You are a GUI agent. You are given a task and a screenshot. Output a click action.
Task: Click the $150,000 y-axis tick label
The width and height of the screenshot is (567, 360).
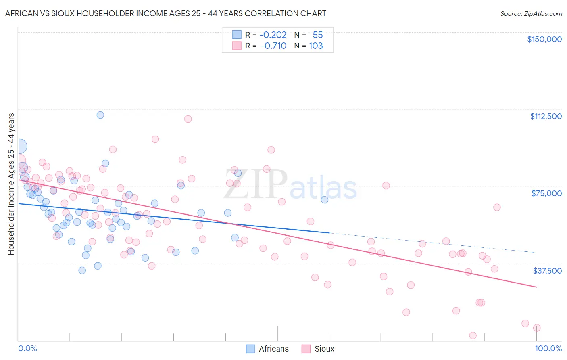(544, 39)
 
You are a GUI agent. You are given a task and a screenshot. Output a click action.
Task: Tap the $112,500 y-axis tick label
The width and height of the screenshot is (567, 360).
(546, 116)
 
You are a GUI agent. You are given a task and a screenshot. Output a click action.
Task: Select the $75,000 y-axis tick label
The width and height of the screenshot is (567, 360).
(546, 193)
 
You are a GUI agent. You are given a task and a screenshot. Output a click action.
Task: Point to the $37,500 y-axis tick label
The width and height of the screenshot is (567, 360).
(547, 271)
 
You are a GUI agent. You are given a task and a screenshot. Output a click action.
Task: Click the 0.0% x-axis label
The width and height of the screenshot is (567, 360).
(27, 348)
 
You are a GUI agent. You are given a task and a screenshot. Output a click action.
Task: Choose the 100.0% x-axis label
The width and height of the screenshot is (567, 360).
(548, 348)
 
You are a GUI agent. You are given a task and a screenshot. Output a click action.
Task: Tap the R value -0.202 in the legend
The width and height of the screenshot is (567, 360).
(273, 35)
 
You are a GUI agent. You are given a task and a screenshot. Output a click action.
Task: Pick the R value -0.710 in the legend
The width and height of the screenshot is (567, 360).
(273, 46)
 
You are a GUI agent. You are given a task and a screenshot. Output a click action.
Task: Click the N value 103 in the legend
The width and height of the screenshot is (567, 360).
(316, 46)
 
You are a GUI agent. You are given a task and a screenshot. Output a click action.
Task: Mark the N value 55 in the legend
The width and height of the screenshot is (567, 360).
(318, 35)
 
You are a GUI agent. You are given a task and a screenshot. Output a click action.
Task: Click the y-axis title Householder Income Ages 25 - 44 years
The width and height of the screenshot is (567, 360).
(11, 184)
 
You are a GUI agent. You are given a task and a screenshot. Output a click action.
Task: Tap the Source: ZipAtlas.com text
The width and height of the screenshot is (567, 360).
(531, 14)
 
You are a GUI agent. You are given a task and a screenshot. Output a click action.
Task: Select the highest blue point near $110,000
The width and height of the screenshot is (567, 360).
(100, 115)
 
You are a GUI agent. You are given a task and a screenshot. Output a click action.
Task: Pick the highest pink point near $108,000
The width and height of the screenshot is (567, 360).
(188, 119)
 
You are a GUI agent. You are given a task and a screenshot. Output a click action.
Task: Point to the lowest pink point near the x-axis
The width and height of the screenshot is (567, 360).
(473, 335)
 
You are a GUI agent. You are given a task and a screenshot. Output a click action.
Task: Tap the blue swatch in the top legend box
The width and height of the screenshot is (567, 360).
(237, 35)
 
